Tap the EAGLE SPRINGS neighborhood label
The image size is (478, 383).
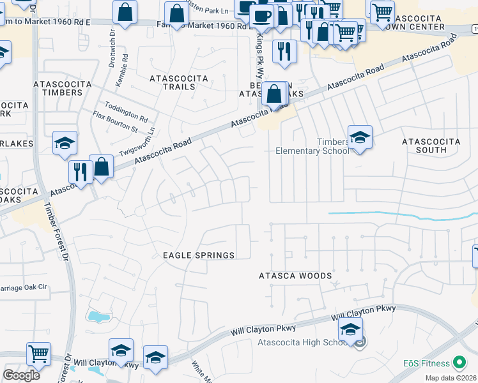[x=199, y=255]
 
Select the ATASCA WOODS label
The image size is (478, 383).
[x=295, y=276]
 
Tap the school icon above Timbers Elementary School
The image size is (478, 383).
[x=360, y=138]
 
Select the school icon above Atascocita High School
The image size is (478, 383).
[x=350, y=331]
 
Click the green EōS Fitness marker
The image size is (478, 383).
[x=459, y=363]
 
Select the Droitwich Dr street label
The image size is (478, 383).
[x=112, y=39]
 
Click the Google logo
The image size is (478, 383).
[x=21, y=375]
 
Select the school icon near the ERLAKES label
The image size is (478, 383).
[x=65, y=144]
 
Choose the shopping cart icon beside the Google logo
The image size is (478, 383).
[x=38, y=354]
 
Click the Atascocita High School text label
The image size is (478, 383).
[x=303, y=343]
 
